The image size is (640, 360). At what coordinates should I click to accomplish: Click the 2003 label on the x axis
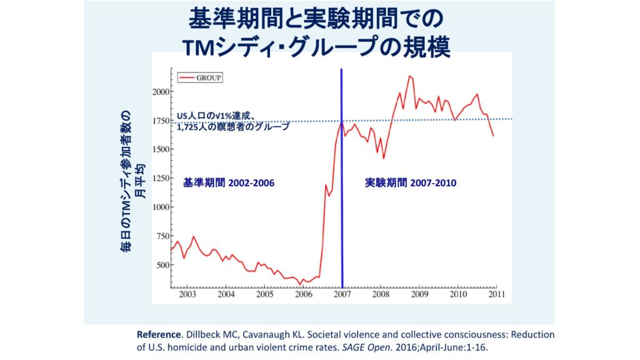[x=187, y=294]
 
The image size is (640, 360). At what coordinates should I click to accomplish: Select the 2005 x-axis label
[x=264, y=294]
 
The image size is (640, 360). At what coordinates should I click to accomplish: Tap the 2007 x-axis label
[x=342, y=294]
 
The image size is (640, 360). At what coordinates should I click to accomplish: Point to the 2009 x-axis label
[x=419, y=294]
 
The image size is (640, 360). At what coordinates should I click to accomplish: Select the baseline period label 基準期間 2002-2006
[x=229, y=183]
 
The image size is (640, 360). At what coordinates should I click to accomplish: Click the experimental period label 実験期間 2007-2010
[x=411, y=183]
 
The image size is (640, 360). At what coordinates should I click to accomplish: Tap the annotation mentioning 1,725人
[x=233, y=127]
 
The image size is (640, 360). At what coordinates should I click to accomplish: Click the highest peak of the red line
[x=409, y=76]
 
